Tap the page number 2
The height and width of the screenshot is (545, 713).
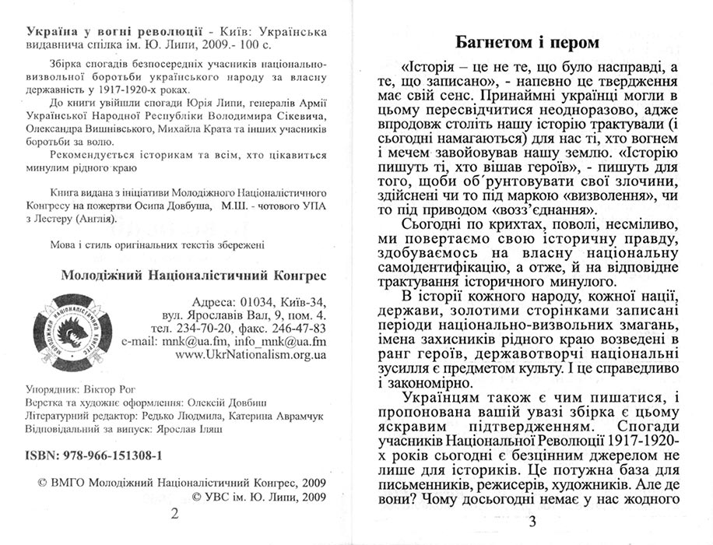point(174,513)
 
